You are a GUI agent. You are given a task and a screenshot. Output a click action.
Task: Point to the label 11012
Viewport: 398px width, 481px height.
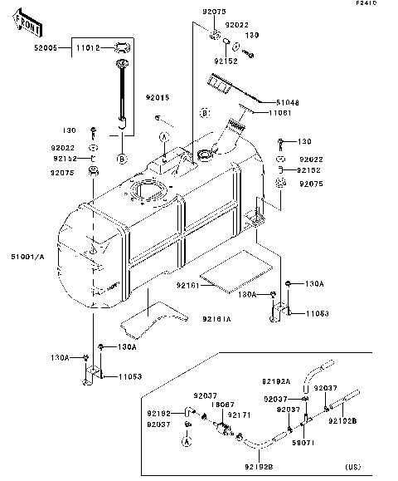click(x=87, y=49)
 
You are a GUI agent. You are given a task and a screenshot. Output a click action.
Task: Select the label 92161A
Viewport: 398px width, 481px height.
click(x=215, y=318)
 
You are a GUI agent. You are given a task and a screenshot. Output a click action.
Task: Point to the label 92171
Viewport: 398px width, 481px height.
click(x=240, y=414)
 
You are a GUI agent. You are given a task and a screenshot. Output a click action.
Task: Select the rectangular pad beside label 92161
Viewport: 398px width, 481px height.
click(x=237, y=275)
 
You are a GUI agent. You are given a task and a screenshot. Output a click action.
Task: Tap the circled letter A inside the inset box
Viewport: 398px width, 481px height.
click(x=187, y=443)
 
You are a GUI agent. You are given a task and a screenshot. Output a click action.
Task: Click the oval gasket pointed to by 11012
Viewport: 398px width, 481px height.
click(x=121, y=47)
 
